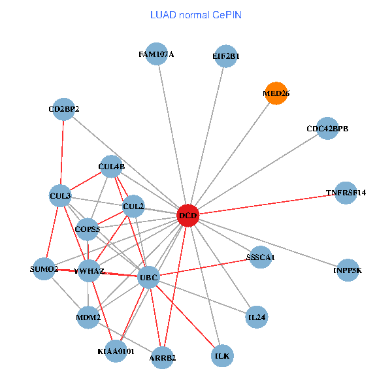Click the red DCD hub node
click(188, 216)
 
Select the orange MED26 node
click(276, 93)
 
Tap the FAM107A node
click(156, 54)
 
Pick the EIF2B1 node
click(225, 56)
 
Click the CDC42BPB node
click(327, 129)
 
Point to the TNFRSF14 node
click(346, 193)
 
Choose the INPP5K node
click(348, 270)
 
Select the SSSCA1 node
click(261, 257)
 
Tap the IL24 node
click(257, 317)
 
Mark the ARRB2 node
click(163, 357)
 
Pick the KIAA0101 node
click(116, 351)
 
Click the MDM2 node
click(88, 318)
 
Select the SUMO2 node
click(44, 269)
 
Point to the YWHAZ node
click(89, 270)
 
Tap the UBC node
click(149, 278)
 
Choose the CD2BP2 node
click(64, 109)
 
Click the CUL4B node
click(111, 167)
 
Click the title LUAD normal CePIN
click(196, 14)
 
